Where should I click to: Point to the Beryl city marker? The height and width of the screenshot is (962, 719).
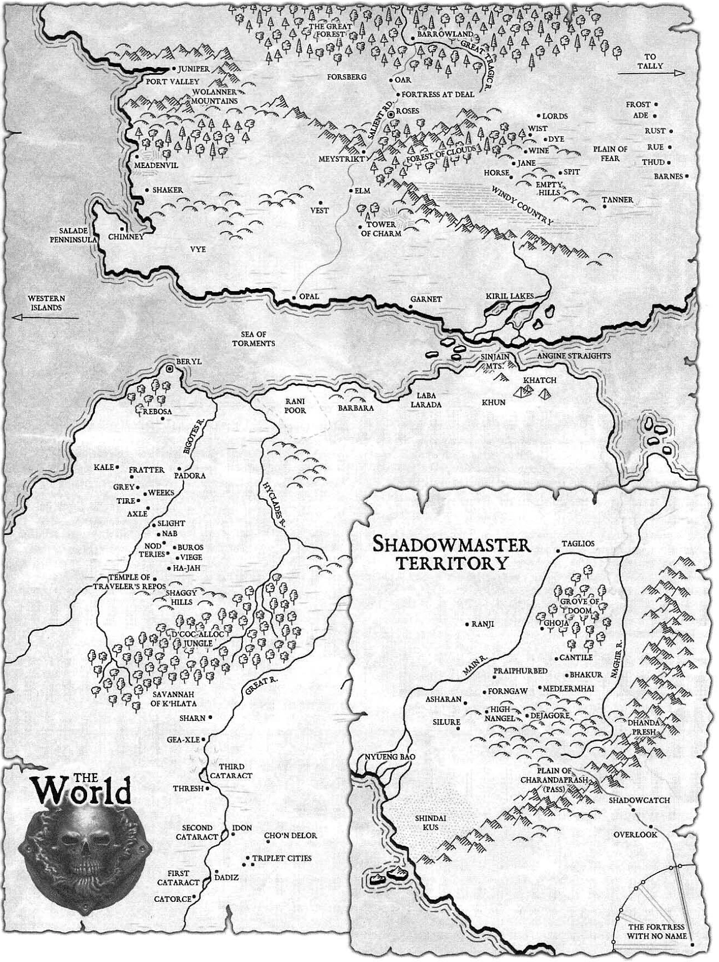(x=171, y=369)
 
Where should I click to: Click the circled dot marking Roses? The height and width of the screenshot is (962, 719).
(x=392, y=115)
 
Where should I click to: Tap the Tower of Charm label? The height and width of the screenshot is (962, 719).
(x=381, y=229)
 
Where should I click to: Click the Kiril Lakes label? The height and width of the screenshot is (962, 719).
(x=509, y=296)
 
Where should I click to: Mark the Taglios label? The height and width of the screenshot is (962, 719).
(x=578, y=543)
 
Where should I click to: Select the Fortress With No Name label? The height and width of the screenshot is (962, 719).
(x=656, y=931)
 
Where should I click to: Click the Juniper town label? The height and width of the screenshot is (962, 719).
(x=193, y=69)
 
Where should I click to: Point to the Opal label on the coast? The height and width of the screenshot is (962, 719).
(x=309, y=296)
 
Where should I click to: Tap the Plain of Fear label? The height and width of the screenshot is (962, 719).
(x=610, y=153)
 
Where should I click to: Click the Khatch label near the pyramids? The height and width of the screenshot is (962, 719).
(x=539, y=380)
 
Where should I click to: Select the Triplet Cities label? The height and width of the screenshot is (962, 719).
(x=282, y=858)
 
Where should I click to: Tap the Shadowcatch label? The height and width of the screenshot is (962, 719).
(x=639, y=800)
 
